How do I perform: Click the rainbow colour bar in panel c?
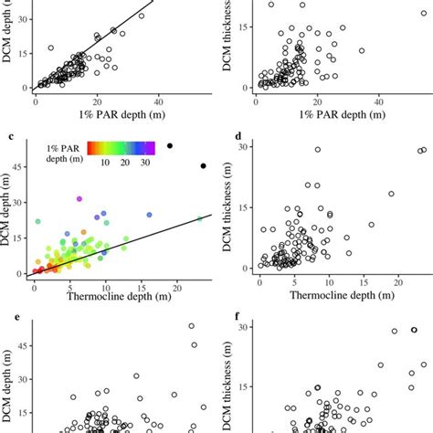point(121,146)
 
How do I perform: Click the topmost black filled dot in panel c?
point(169,146)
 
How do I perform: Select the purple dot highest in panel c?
point(79,198)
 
